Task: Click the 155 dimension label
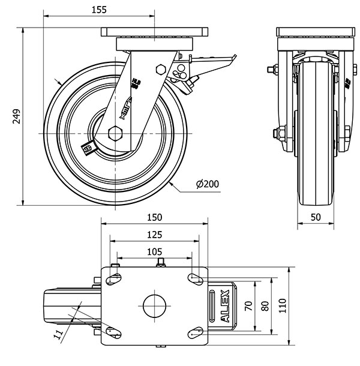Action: pos(100,10)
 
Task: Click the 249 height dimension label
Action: pos(16,116)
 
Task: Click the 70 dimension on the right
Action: pos(248,305)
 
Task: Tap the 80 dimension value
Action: pos(265,305)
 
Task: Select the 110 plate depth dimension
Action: pos(283,305)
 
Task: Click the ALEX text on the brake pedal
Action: pos(226,307)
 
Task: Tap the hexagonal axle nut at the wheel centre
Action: pos(115,132)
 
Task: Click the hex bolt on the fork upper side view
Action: pos(160,68)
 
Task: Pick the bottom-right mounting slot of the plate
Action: pos(195,331)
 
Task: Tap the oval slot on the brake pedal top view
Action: pos(213,306)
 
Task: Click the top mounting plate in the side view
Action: pos(155,32)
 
